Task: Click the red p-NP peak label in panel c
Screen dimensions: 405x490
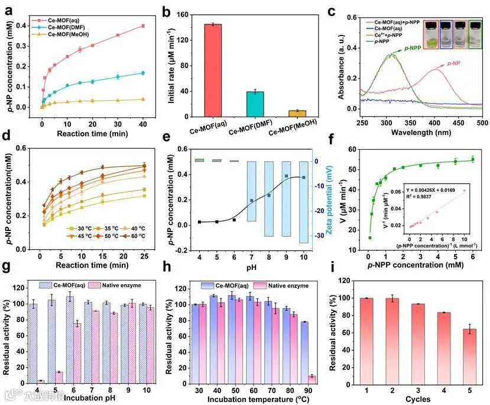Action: [454, 64]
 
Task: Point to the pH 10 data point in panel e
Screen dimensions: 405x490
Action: [304, 177]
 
